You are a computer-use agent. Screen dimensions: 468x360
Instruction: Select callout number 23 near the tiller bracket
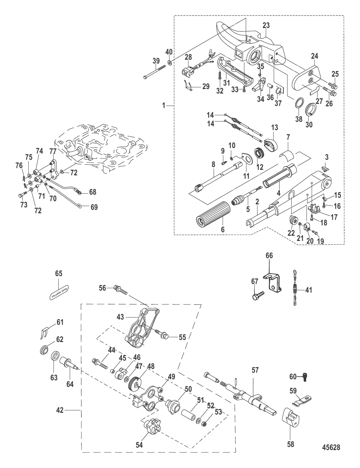click(266, 26)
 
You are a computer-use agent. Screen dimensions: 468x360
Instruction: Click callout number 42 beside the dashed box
click(60, 411)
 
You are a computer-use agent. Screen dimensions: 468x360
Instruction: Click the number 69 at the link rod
click(94, 207)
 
